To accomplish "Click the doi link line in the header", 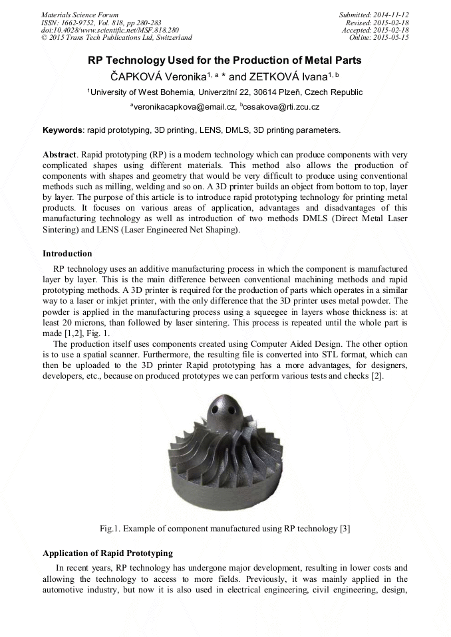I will coord(110,30).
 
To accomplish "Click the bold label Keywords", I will coord(63,130).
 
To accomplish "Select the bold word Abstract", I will coord(59,154).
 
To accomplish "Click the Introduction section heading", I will coord(67,254).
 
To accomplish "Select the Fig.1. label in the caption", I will coord(111,529).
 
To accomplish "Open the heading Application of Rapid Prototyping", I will coord(107,553).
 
